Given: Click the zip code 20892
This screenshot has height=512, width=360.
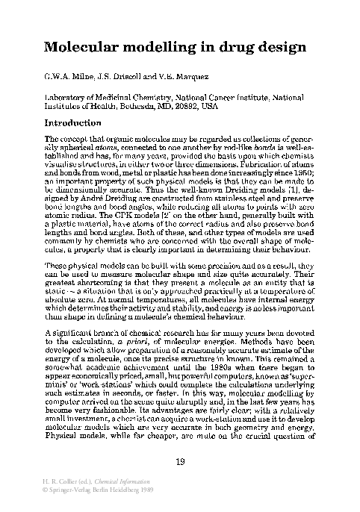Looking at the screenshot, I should click(184, 107).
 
